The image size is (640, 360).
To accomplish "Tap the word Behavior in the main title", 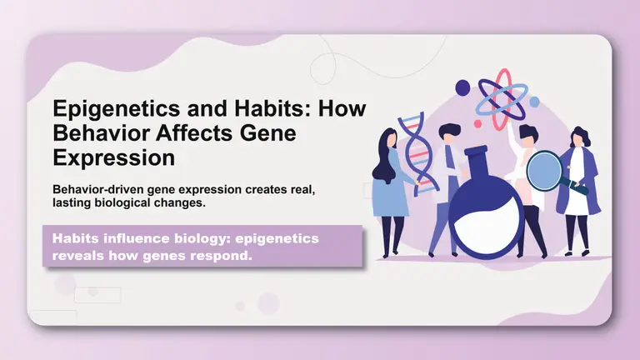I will coord(97,133).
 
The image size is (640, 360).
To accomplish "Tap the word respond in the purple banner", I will coord(222,256).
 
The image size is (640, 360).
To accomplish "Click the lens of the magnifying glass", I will coord(543,172).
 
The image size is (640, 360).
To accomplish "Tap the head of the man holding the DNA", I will coord(448,133).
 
